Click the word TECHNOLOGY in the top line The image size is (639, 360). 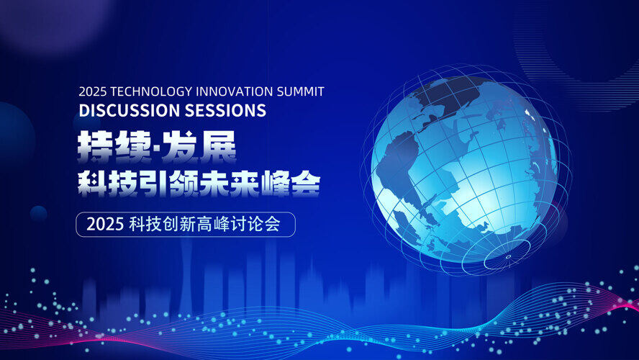(x=152, y=91)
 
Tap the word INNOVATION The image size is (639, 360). (x=235, y=91)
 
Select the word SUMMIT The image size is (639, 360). (x=301, y=91)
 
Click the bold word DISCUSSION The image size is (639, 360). (x=130, y=110)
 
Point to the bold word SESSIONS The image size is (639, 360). (x=225, y=110)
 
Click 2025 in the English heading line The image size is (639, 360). (x=93, y=91)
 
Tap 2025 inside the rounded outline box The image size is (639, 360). (x=105, y=224)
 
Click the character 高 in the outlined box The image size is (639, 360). (x=204, y=224)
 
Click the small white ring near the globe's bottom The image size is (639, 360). (x=508, y=256)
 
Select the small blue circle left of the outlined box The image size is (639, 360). (x=38, y=214)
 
